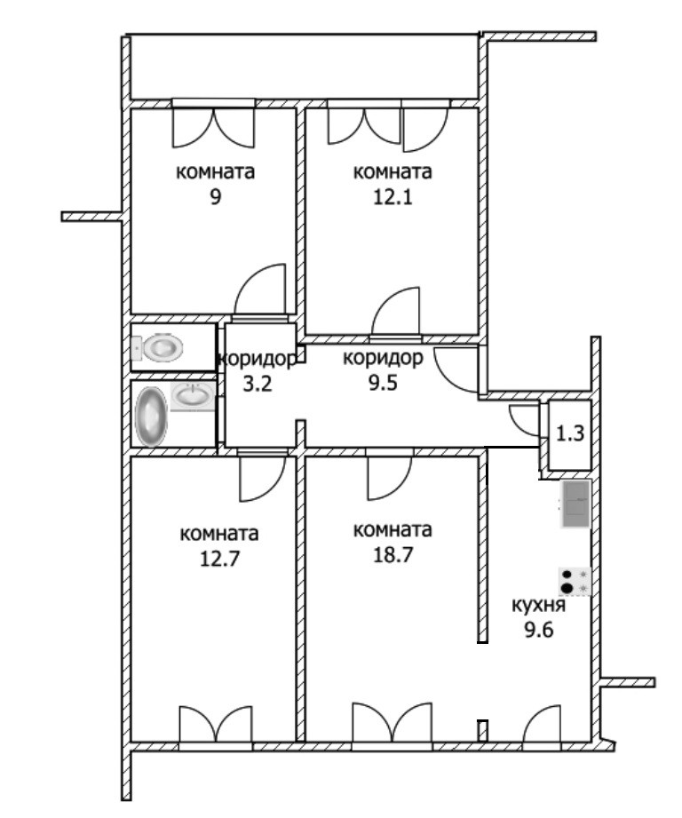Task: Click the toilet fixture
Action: pos(157,347)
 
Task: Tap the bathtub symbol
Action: pos(151,417)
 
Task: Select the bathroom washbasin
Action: pos(193,396)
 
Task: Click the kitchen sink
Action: pos(575,504)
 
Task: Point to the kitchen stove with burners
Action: pos(575,582)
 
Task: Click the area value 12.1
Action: pos(393,197)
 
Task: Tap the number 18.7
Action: pos(393,554)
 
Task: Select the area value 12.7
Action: pos(219,559)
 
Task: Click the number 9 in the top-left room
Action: pos(215,197)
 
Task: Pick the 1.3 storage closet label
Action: pos(570,433)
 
